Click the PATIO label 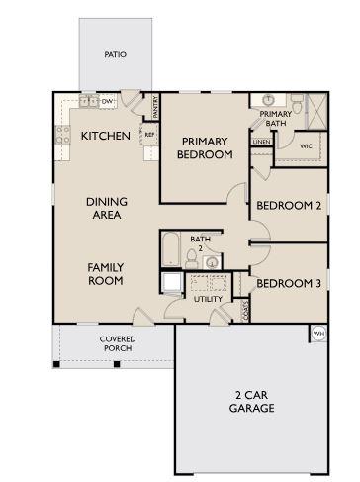click(x=117, y=55)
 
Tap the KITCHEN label click(x=105, y=136)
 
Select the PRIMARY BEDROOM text click(x=205, y=147)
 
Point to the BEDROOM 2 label click(x=288, y=206)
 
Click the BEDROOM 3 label click(x=288, y=284)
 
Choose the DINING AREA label click(x=105, y=206)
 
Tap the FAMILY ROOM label click(x=105, y=274)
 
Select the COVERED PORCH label click(x=118, y=343)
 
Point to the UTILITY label click(x=208, y=298)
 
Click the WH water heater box click(x=318, y=334)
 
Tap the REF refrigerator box click(x=149, y=134)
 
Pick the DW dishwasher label click(x=107, y=102)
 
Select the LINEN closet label click(x=260, y=143)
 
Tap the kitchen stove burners click(x=65, y=135)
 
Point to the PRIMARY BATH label click(x=275, y=118)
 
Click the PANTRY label click(x=155, y=106)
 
